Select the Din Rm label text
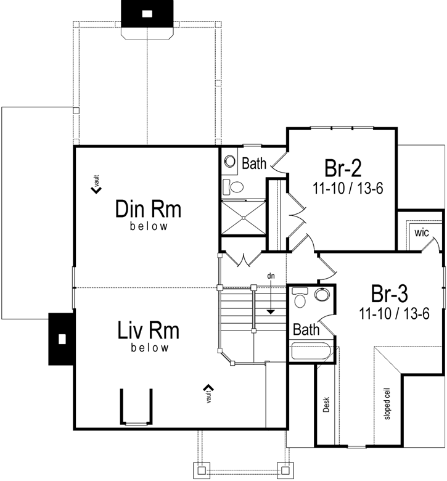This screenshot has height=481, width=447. (x=149, y=210)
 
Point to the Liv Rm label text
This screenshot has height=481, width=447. (x=149, y=331)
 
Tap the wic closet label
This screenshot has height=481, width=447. (x=422, y=232)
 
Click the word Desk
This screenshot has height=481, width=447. (x=326, y=404)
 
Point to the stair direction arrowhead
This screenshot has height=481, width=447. (x=270, y=311)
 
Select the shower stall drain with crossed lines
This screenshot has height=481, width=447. (x=244, y=216)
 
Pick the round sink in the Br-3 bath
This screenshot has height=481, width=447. (x=322, y=295)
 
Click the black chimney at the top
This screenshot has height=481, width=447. (x=147, y=14)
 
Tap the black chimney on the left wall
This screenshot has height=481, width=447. (x=61, y=338)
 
